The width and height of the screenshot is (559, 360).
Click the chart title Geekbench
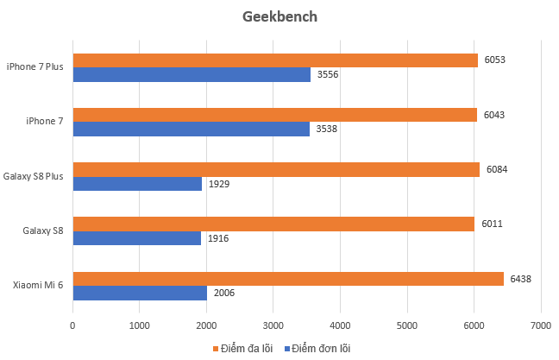click(279, 16)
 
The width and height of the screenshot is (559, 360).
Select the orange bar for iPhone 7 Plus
click(274, 60)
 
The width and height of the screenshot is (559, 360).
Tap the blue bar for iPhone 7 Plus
click(192, 75)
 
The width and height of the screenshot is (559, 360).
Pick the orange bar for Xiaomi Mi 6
click(287, 279)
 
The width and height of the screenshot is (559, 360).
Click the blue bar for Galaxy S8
click(136, 238)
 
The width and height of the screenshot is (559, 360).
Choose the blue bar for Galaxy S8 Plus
click(137, 184)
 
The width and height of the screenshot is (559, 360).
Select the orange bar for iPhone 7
click(274, 115)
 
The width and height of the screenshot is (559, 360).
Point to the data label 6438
click(523, 279)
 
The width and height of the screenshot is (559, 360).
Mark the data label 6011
click(493, 224)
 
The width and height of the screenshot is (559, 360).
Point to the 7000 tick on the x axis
click(540, 326)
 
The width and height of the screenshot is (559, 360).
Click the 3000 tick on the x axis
click(273, 326)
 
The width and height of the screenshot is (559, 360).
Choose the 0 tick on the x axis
click(72, 326)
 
